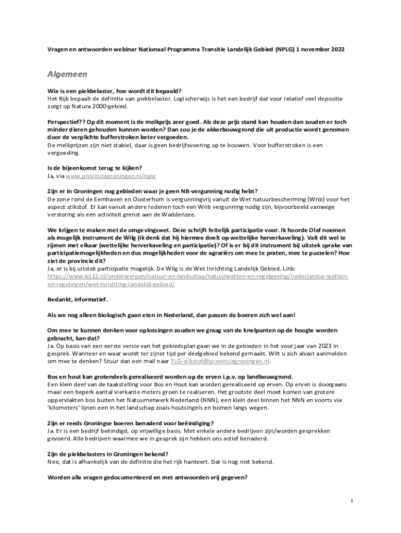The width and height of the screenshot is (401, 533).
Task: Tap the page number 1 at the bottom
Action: click(x=352, y=501)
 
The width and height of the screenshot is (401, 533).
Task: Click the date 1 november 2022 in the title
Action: click(x=320, y=49)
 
